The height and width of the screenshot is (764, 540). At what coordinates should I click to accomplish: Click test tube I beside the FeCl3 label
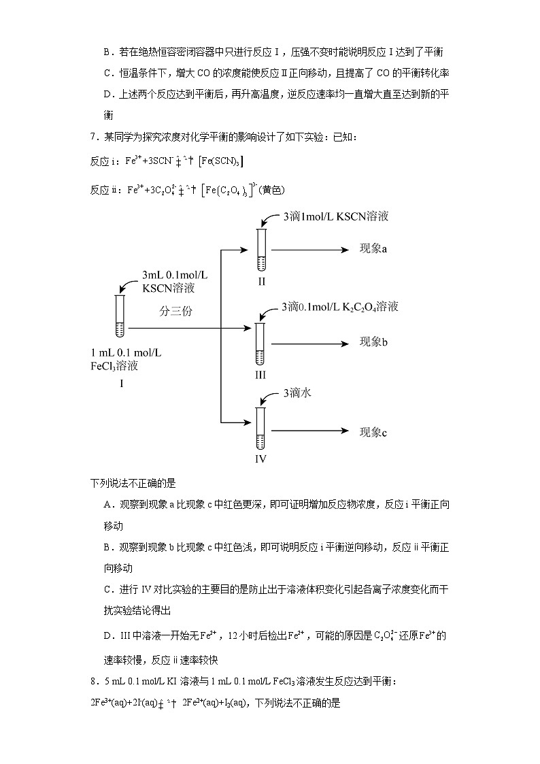click(x=120, y=316)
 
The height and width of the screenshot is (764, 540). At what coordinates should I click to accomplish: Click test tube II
click(x=261, y=250)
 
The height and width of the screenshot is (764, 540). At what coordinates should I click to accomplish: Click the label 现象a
click(x=373, y=249)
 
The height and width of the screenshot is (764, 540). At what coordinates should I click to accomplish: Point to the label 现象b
click(x=373, y=342)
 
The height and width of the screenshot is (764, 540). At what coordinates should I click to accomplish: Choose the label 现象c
click(x=373, y=431)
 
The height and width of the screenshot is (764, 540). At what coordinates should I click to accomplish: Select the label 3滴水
click(x=297, y=393)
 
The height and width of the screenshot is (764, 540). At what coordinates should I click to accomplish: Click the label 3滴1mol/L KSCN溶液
click(x=335, y=216)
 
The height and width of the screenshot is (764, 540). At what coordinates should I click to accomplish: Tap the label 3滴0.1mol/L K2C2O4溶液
click(x=339, y=307)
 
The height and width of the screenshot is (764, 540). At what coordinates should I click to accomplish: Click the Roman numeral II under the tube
click(x=261, y=282)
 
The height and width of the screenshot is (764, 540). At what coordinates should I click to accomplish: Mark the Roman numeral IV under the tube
click(x=260, y=459)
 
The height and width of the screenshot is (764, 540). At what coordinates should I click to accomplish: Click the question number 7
click(x=94, y=137)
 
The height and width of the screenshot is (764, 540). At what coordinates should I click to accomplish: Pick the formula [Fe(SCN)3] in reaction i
click(x=222, y=162)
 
